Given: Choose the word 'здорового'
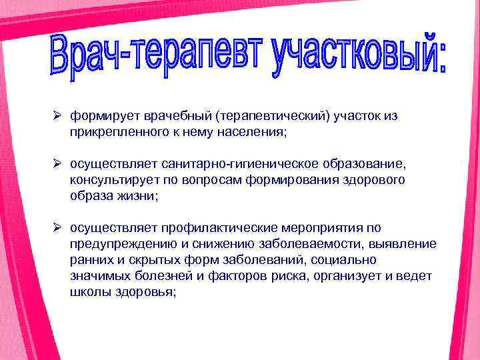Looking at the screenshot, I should tap(374, 180).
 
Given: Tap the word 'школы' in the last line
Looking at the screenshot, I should tap(88, 292).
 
